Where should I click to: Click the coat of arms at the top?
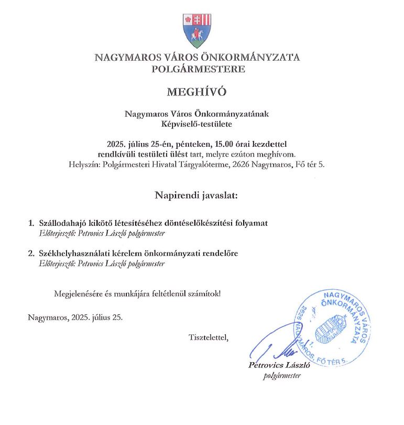[196, 30]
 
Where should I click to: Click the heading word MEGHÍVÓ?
[196, 92]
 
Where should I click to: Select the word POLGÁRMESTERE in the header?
[198, 69]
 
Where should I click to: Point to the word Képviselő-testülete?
[196, 124]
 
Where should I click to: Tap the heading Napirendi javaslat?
[196, 195]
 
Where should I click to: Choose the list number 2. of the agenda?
[31, 254]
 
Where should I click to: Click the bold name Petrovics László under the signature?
[279, 366]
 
